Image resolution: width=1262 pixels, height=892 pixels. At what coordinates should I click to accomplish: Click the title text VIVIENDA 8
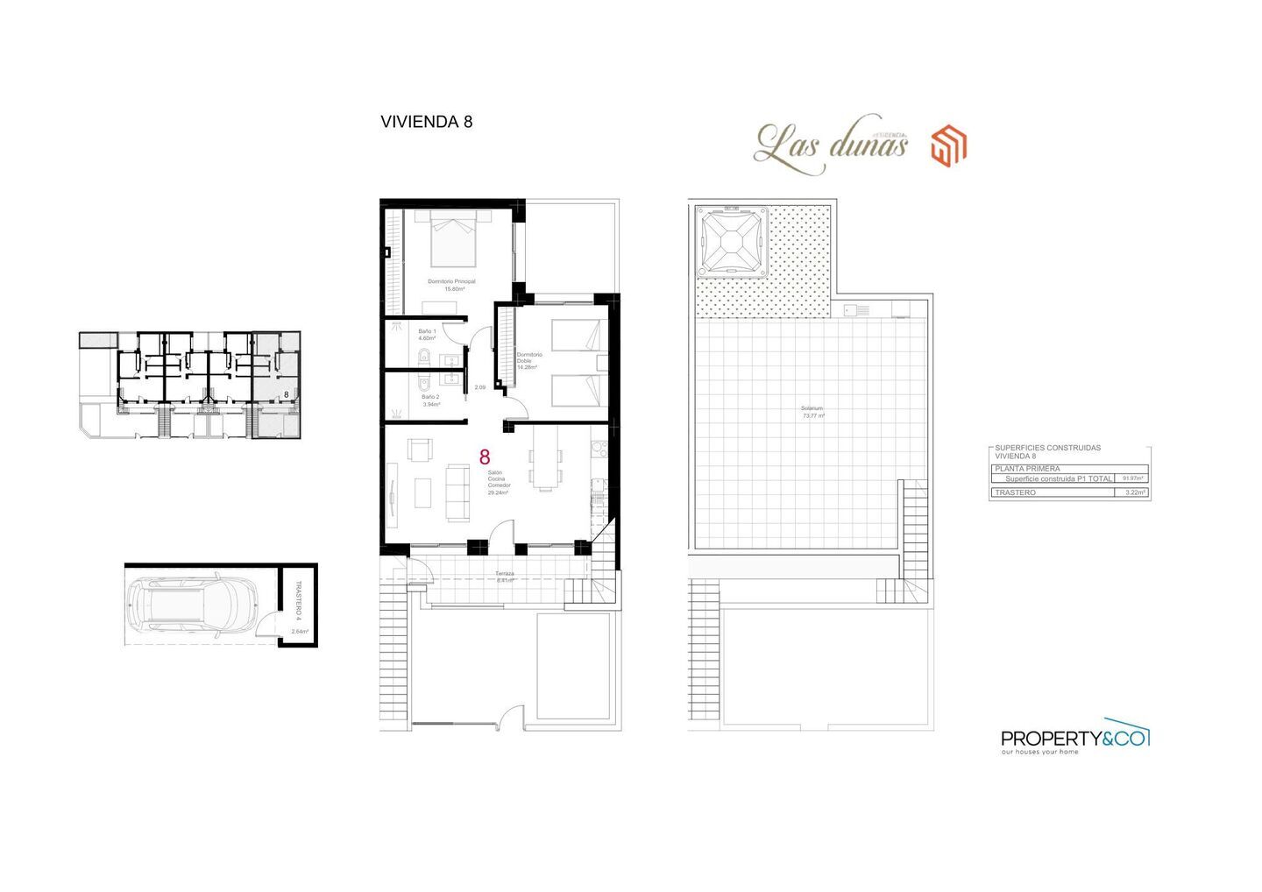[426, 122]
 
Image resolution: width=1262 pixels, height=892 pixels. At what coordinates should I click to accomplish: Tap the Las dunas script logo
[830, 144]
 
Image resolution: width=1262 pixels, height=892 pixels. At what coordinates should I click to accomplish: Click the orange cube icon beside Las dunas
[948, 145]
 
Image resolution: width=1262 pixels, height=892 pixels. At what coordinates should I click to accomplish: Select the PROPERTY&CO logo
[1074, 740]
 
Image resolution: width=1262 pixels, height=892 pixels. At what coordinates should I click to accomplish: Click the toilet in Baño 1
[423, 355]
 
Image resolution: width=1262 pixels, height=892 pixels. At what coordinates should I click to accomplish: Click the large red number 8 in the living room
[485, 457]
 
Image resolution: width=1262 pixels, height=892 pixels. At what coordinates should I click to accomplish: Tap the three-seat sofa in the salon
[457, 492]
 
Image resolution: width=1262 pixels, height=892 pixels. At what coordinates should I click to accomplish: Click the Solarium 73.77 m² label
[812, 412]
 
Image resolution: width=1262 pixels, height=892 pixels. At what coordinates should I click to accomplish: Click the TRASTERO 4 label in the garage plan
[298, 598]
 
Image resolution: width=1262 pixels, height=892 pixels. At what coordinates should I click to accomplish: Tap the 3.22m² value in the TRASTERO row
[1134, 492]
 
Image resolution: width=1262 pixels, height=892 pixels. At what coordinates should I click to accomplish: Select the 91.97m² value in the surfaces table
[1132, 478]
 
